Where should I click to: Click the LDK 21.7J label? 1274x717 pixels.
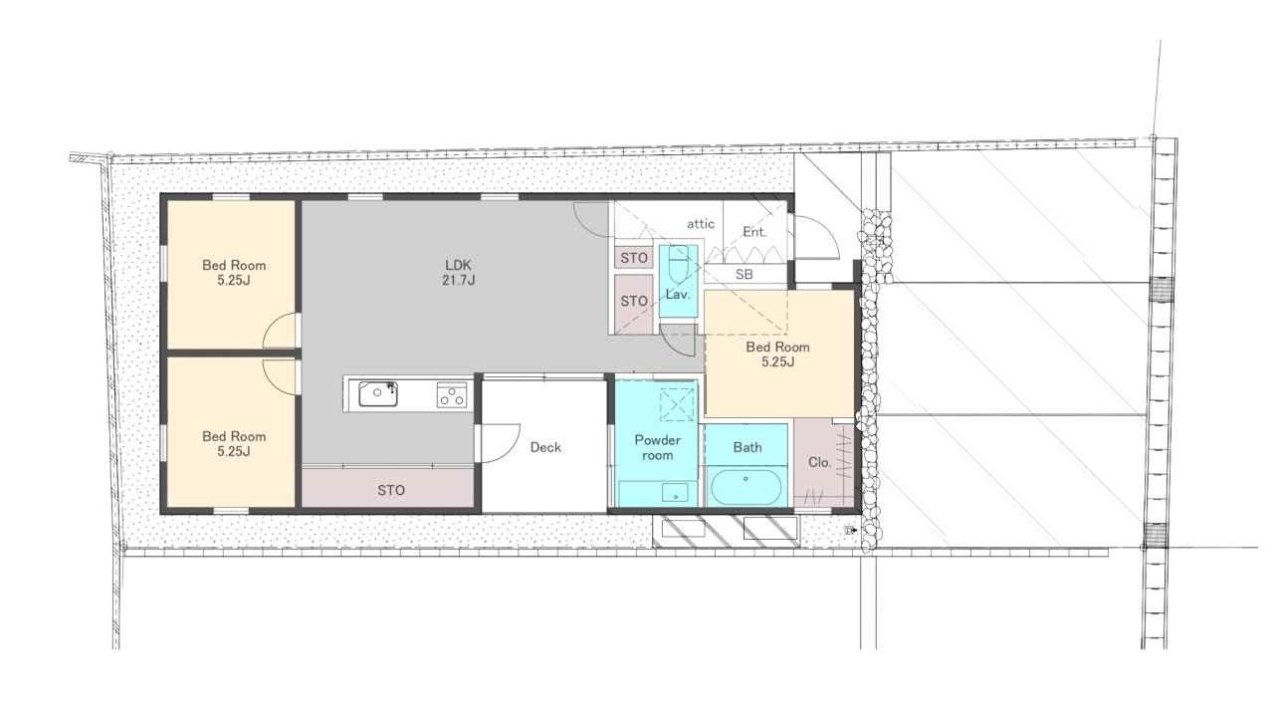(x=459, y=273)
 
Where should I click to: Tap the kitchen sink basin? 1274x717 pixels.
(x=377, y=393)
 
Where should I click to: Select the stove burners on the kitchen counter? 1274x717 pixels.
(x=452, y=394)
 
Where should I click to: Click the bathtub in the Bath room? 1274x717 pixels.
(x=745, y=487)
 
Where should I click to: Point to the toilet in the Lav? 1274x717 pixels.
(x=678, y=265)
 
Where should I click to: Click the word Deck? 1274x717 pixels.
(x=545, y=447)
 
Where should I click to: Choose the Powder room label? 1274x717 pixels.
(x=658, y=447)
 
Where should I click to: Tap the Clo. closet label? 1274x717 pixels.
(x=819, y=463)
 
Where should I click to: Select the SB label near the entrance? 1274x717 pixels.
(x=743, y=274)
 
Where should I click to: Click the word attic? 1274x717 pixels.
(x=700, y=224)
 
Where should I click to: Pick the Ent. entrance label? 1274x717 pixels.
(x=754, y=232)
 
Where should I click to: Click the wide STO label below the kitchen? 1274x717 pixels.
(x=391, y=490)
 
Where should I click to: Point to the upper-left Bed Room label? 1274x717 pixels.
(x=234, y=273)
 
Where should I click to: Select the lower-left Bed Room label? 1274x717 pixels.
(x=234, y=444)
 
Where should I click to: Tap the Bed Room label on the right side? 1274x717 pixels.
(x=777, y=354)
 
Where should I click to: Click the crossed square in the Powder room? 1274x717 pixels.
(x=677, y=403)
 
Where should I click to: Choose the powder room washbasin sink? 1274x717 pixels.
(x=675, y=493)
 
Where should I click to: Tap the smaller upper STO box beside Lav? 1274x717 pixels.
(x=634, y=258)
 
